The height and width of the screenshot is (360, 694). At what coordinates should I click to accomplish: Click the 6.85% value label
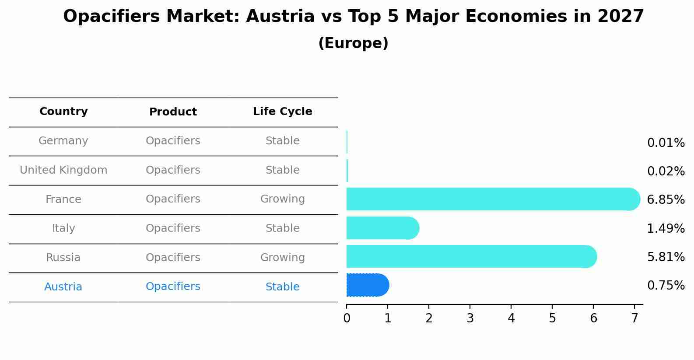pos(666,200)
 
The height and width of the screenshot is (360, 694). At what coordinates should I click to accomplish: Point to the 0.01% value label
pos(666,143)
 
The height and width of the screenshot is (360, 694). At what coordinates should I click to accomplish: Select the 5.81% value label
pos(666,257)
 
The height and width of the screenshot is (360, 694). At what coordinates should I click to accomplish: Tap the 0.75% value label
pos(666,286)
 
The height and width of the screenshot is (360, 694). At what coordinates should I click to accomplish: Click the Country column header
pos(63,112)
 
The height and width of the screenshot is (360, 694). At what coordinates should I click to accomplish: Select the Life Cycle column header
pos(282,112)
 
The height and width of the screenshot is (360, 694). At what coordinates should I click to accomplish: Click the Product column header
pos(173,112)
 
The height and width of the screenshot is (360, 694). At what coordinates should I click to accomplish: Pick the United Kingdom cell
pos(63,170)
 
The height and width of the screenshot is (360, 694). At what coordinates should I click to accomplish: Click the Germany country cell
pos(63,141)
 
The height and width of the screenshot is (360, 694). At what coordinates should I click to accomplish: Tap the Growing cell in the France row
pos(282,199)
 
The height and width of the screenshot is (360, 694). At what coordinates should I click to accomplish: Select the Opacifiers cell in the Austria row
pos(173,287)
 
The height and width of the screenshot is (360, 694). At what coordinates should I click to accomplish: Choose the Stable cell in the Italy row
pos(282,228)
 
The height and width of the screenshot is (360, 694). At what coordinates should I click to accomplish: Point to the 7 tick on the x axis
pos(634,318)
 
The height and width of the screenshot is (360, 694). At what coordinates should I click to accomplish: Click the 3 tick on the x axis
pos(470,318)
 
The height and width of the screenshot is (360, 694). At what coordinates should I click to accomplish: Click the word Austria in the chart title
pos(280,17)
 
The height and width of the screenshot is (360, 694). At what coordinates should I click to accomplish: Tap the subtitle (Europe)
pos(353,43)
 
